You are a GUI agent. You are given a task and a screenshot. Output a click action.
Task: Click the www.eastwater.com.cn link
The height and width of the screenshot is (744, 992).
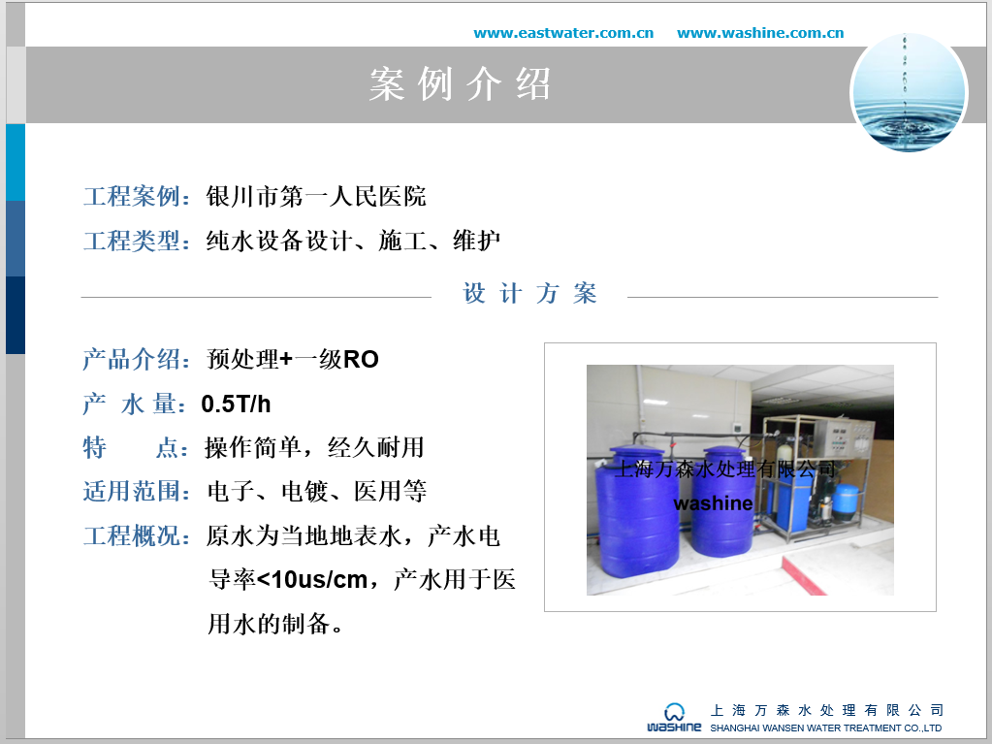pos(563,33)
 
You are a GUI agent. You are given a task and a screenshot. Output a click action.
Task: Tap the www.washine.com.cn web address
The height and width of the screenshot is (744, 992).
pos(760,33)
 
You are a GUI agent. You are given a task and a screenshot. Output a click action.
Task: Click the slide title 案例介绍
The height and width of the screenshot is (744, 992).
pos(460,84)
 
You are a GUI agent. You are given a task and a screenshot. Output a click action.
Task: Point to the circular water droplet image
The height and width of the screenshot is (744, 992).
pos(910,93)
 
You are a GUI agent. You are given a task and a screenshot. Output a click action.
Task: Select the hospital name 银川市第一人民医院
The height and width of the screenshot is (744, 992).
pos(316,196)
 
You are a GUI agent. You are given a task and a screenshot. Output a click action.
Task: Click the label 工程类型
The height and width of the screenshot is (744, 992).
pos(132,241)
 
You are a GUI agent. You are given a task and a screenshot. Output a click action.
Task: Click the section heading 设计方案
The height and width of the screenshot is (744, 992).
pos(529,294)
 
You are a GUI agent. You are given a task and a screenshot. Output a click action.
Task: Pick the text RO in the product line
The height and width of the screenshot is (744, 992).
pos(361,359)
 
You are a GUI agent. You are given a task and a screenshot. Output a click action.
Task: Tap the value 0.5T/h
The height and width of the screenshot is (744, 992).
pos(236,404)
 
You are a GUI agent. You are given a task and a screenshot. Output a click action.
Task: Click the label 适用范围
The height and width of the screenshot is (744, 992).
pos(132,491)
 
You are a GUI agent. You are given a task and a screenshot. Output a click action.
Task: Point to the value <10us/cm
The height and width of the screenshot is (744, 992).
pos(312,579)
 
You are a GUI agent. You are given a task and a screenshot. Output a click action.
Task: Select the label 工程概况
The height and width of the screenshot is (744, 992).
pos(132,535)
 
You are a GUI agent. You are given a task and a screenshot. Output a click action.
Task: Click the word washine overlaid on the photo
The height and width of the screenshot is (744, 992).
pos(713,503)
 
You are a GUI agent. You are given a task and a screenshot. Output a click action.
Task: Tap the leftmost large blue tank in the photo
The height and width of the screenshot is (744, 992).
pos(636,511)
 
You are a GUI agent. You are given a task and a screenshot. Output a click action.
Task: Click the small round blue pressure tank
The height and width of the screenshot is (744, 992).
pos(846,501)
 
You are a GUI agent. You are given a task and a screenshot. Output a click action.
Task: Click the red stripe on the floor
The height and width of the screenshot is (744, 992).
pos(804,576)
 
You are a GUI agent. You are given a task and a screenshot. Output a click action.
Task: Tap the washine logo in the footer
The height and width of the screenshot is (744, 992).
pos(674,718)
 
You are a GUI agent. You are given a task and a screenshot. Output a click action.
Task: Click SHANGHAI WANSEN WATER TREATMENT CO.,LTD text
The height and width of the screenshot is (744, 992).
pos(825,728)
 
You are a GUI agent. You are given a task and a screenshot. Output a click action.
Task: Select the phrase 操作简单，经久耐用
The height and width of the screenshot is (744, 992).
pos(314,447)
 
